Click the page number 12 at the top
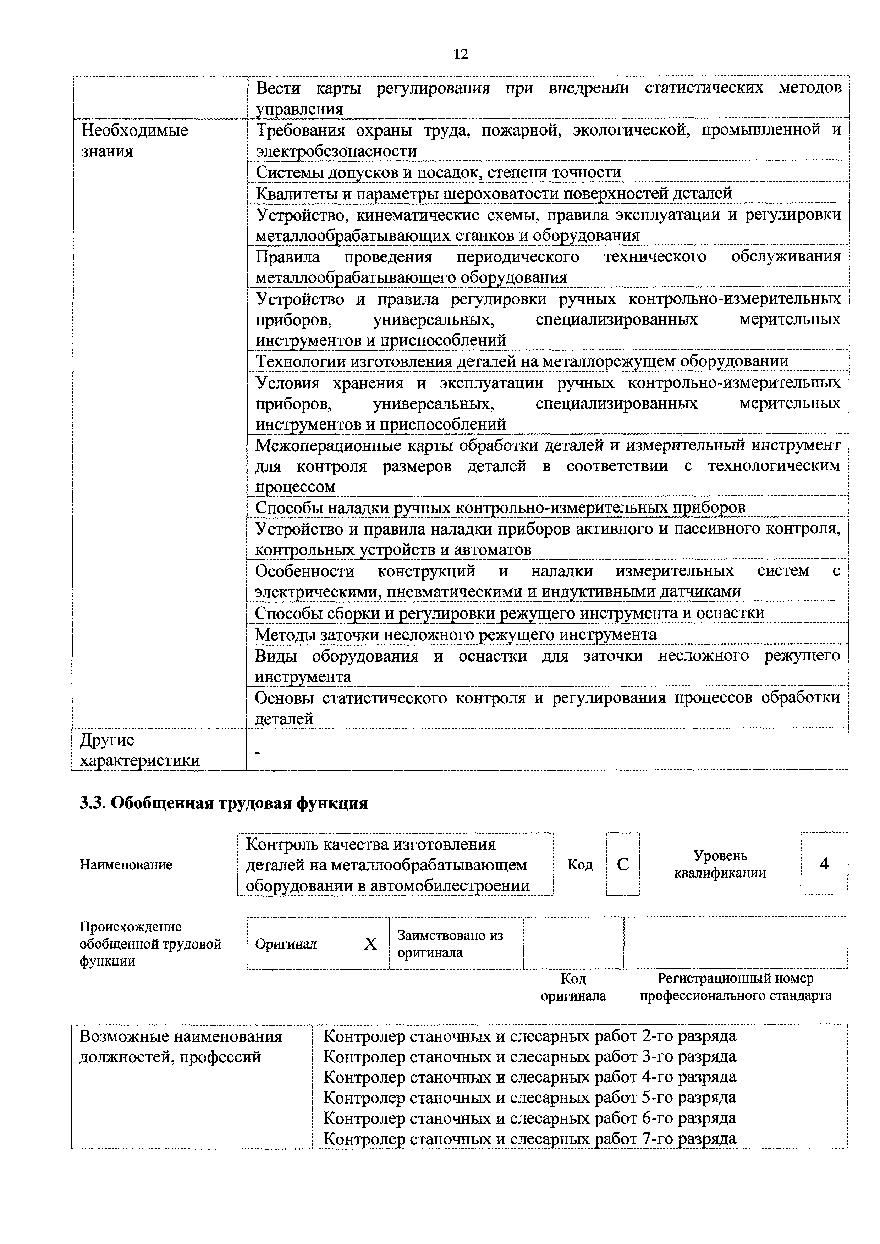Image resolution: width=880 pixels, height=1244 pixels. (461, 54)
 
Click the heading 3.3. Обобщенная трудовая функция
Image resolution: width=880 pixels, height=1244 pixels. (224, 803)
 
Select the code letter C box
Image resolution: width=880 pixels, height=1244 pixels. (623, 864)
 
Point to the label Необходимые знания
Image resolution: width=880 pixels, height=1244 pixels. (134, 141)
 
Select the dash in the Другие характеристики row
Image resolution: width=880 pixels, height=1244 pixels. (257, 753)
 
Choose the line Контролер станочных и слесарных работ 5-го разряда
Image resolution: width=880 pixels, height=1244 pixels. (529, 1098)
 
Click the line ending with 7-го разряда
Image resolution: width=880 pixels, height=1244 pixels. (529, 1139)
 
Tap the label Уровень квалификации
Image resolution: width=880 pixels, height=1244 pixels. (720, 864)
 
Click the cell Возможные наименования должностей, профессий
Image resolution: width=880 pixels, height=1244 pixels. (181, 1047)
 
